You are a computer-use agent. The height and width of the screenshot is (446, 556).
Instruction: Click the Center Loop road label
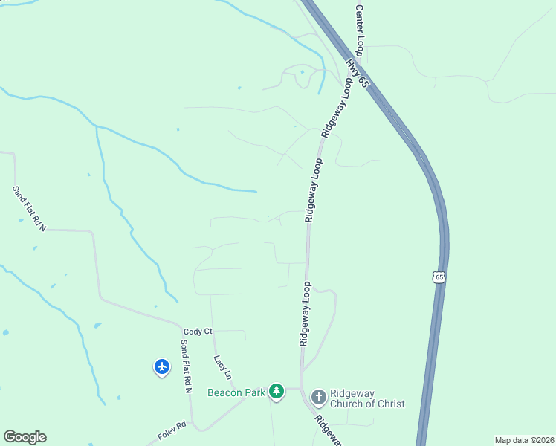[359, 30]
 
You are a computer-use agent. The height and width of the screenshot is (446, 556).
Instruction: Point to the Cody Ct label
[198, 331]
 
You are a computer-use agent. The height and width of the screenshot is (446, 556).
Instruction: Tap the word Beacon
[225, 392]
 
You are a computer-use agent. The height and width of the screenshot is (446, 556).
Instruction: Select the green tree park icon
[277, 391]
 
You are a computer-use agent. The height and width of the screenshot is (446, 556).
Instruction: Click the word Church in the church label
[354, 404]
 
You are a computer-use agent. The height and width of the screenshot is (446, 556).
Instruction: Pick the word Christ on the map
[390, 404]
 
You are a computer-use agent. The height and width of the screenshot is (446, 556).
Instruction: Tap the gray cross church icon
[318, 397]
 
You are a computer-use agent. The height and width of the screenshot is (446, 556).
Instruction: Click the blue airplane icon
[162, 366]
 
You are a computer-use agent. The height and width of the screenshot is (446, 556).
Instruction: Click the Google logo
[25, 437]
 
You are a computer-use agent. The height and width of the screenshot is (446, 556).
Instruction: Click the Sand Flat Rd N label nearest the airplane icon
[186, 366]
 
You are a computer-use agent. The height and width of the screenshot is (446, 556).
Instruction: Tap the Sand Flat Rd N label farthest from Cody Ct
[29, 208]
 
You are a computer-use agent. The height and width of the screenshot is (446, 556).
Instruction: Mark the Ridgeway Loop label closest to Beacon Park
[306, 314]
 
